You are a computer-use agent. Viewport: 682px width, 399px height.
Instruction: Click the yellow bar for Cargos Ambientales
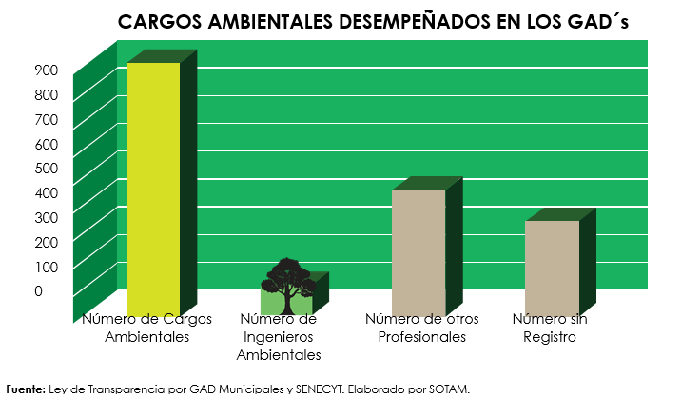point(153,186)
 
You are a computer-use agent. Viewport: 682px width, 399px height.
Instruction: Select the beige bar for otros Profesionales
point(419,249)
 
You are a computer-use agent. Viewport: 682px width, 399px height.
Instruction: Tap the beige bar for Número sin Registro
point(552,265)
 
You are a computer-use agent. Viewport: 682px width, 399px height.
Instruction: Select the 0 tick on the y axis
point(38,291)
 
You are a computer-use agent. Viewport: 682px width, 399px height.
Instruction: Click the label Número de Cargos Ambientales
point(146,328)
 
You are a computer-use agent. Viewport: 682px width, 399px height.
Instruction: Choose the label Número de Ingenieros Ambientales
point(278,337)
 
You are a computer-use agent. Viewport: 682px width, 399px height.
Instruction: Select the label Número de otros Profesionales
point(421,328)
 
